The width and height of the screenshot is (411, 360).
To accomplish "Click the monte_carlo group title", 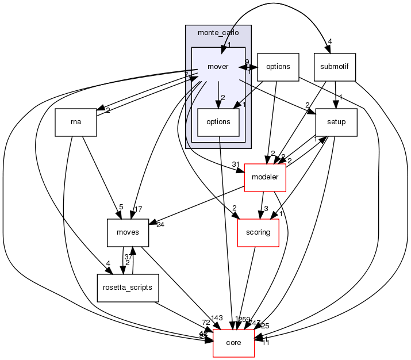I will click(x=218, y=32).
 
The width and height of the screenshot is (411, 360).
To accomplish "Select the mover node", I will click(x=218, y=67).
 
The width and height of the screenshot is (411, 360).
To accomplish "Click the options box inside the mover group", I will click(x=218, y=122).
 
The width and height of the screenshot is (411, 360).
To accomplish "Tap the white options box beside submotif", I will click(x=278, y=67).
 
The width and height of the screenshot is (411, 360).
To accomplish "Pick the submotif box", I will click(x=335, y=67).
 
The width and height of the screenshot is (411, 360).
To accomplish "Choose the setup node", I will click(x=336, y=122).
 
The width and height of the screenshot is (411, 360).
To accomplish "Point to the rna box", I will click(x=75, y=122).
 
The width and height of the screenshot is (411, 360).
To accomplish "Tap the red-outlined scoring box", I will click(x=258, y=232).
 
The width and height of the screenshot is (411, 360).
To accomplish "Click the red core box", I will click(x=233, y=343).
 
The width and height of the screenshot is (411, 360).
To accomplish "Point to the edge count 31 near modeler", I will click(x=236, y=165).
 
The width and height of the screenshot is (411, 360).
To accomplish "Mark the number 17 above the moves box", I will click(x=139, y=208).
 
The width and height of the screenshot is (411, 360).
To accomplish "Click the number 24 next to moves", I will click(x=160, y=225).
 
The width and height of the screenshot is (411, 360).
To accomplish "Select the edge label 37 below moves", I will click(x=129, y=256).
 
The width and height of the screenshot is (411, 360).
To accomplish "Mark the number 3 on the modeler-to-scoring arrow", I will click(x=266, y=208).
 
